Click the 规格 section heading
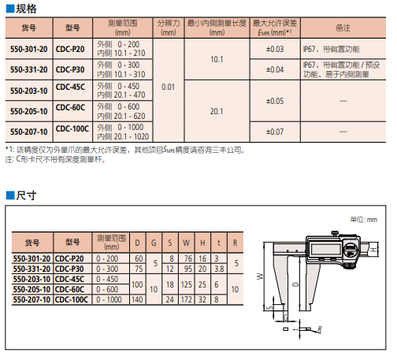[26, 9]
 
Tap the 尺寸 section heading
[26, 195]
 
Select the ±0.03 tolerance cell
[275, 49]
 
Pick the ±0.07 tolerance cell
[275, 132]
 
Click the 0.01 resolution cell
[168, 87]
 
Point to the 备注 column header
[343, 28]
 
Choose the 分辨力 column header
[169, 28]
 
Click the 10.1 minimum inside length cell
[217, 59]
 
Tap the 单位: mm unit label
[364, 220]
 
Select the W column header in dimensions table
[187, 243]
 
